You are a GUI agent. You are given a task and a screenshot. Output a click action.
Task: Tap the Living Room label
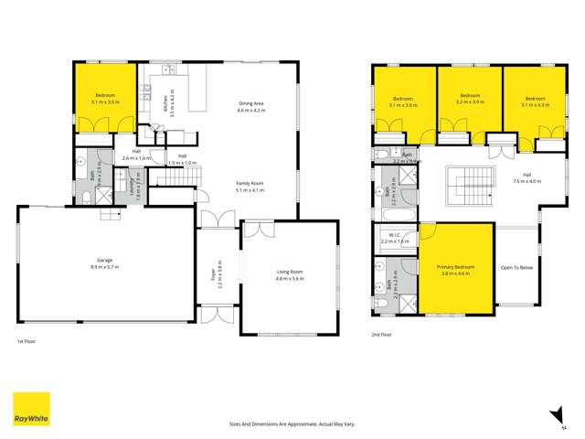[290, 273]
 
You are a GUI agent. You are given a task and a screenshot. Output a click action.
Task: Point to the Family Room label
[250, 186]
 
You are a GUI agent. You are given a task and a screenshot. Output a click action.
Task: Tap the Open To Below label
[516, 267]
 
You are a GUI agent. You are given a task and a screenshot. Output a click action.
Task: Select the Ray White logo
[31, 409]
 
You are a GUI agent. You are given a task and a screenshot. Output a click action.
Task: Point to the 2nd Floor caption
[382, 335]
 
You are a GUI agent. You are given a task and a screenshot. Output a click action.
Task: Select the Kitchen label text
[165, 105]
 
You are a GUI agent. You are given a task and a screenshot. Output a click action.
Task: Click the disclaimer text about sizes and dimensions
[292, 424]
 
